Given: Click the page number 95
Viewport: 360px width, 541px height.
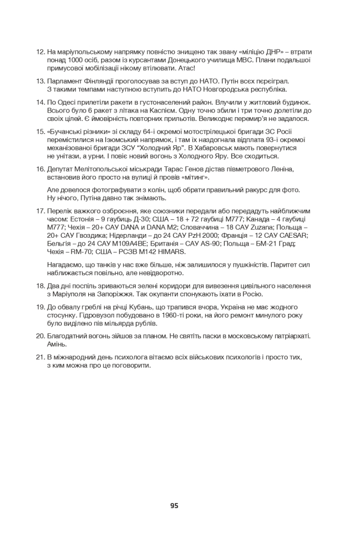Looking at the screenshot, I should click(x=174, y=506).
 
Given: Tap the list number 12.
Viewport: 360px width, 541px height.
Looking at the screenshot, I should click(x=40, y=52).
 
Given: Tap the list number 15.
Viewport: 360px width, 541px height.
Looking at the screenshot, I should click(x=40, y=132).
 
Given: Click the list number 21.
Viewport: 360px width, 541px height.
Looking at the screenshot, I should click(x=40, y=357).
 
